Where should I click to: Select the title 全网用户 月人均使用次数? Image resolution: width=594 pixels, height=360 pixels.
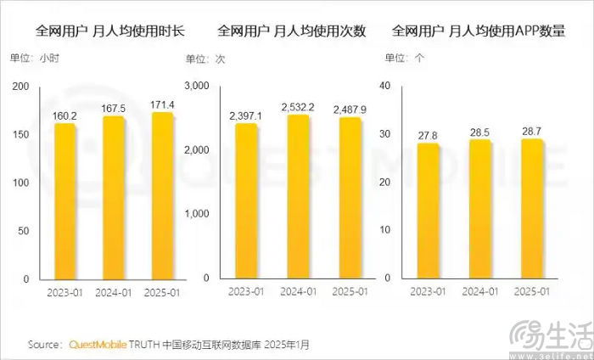[292, 32]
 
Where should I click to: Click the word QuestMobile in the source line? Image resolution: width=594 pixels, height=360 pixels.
[96, 346]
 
